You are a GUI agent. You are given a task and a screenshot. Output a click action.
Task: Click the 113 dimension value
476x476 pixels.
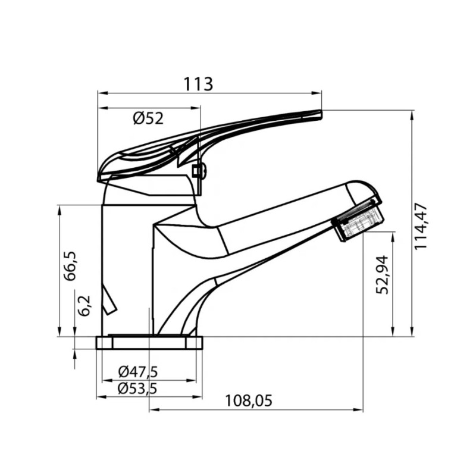(x=199, y=84)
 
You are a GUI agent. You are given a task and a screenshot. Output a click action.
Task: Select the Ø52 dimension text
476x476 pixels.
(x=148, y=118)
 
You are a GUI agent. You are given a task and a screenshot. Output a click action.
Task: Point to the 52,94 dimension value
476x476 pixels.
(x=382, y=274)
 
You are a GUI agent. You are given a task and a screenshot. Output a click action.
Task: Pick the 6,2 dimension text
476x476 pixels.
(x=85, y=305)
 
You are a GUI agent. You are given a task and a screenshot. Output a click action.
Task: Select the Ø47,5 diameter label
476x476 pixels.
(x=137, y=372)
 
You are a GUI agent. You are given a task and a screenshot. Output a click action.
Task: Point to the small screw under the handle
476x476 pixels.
(x=199, y=172)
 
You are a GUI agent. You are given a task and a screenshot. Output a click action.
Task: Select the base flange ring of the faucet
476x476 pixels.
(x=149, y=342)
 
